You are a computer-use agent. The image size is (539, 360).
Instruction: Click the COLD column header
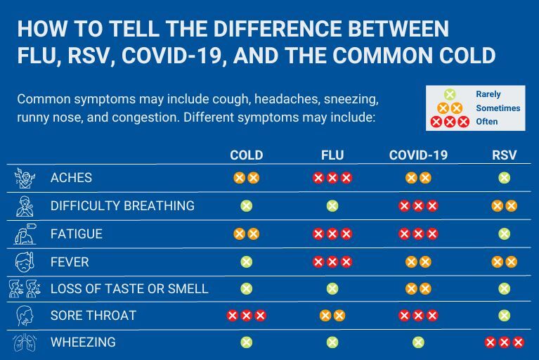246,155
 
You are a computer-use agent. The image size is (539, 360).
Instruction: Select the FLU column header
332,155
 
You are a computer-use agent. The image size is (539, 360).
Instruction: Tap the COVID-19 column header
418,155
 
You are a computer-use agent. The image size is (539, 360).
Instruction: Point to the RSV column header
504,155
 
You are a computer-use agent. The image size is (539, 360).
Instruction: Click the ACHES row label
71,178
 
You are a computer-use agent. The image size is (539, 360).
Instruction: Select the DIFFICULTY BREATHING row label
122,206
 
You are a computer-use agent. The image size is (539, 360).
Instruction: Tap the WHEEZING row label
83,342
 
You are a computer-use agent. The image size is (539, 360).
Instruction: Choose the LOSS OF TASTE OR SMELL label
129,289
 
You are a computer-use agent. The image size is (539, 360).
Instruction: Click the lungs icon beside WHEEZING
25,342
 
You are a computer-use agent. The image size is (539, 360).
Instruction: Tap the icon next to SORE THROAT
25,316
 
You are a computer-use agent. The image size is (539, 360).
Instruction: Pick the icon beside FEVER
25,262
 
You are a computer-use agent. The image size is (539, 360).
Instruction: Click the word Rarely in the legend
488,94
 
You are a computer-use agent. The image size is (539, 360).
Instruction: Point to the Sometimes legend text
498,108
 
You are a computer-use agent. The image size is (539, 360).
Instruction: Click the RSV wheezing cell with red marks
504,342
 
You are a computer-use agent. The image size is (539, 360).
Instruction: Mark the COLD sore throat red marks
246,316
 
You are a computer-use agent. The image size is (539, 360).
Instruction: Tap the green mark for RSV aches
504,178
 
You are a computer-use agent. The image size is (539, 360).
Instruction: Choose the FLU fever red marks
332,262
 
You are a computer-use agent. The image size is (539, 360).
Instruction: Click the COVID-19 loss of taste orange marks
418,289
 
